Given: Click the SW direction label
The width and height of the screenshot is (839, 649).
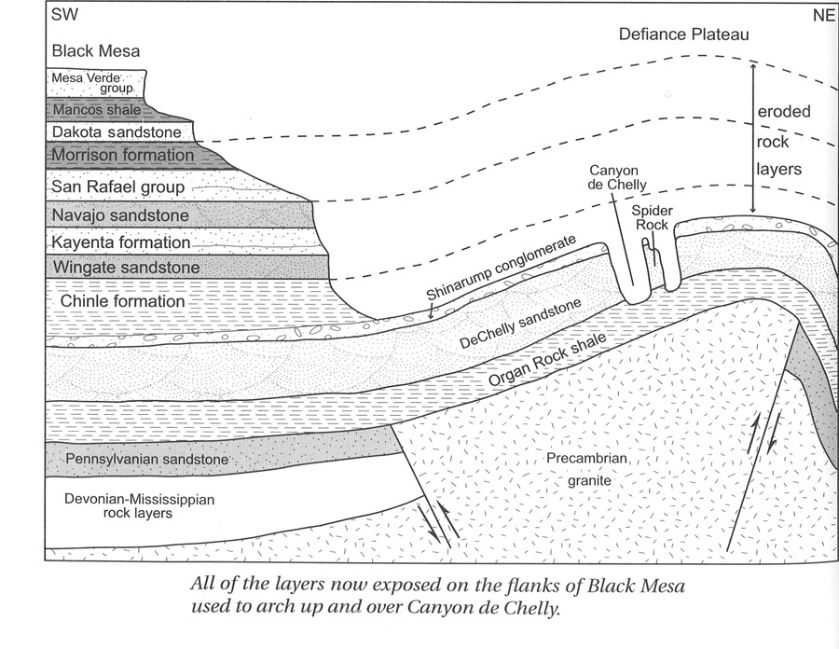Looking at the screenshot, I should click(63, 17).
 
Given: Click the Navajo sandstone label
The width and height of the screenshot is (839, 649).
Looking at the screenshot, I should click(121, 215).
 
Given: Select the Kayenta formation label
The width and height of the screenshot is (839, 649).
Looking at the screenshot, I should click(121, 242).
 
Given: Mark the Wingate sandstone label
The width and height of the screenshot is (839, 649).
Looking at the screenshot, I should click(126, 269).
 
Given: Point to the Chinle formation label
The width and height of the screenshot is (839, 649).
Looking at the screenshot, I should click(122, 301).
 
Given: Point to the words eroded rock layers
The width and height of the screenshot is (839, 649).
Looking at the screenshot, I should click(782, 140).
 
